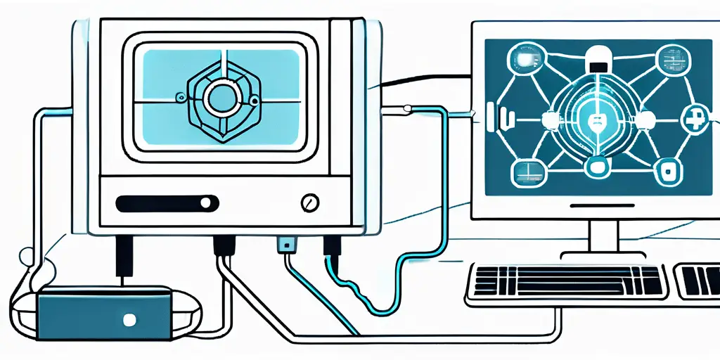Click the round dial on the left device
pyautogui.click(x=307, y=204)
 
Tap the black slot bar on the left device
pyautogui.click(x=165, y=204)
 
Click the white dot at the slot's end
pyautogui.click(x=205, y=204)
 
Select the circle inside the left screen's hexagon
pyautogui.click(x=223, y=98)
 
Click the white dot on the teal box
pyautogui.click(x=128, y=320)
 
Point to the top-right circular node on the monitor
pyautogui.click(x=666, y=58)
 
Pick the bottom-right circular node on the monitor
pyautogui.click(x=664, y=168)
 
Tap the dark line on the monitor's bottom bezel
pyautogui.click(x=602, y=206)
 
